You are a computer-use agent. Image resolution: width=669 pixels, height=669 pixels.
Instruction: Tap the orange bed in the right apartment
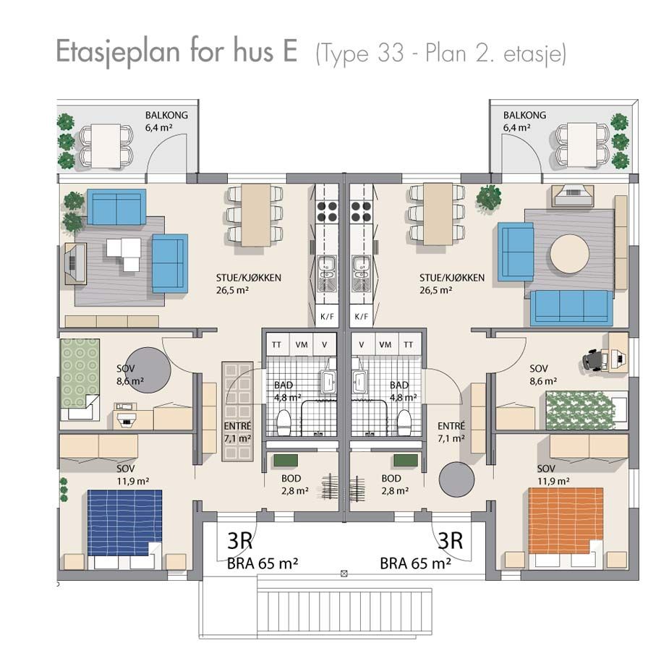point(566,521)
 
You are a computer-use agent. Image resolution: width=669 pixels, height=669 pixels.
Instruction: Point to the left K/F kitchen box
point(325,317)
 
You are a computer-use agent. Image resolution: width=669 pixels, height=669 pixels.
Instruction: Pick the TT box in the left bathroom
point(276,345)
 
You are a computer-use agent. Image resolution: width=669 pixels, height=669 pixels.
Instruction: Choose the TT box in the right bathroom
point(410,345)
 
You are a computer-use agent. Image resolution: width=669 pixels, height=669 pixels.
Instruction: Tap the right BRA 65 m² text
point(416,563)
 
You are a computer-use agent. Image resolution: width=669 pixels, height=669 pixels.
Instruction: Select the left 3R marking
point(240,541)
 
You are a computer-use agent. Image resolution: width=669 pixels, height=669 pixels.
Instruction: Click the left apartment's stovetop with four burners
point(326,210)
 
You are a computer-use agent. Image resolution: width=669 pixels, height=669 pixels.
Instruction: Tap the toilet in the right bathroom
point(404,421)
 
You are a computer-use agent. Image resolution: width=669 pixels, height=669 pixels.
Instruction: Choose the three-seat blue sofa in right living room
point(571,307)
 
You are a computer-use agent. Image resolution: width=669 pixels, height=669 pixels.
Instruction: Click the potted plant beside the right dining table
point(489,197)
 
